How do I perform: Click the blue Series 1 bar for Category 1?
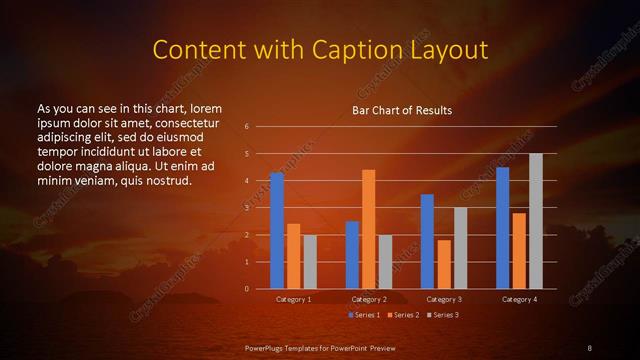pyautogui.click(x=277, y=231)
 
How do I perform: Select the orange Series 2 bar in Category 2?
pyautogui.click(x=369, y=229)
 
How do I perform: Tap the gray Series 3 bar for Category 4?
pyautogui.click(x=536, y=221)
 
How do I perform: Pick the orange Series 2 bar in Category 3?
pyautogui.click(x=444, y=264)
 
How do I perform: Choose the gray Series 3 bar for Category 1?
pyautogui.click(x=310, y=262)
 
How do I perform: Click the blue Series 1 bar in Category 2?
pyautogui.click(x=352, y=255)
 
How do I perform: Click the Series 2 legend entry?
pyautogui.click(x=403, y=315)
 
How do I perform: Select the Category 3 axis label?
pyautogui.click(x=444, y=299)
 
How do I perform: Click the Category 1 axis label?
pyautogui.click(x=293, y=299)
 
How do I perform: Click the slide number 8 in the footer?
pyautogui.click(x=589, y=347)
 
